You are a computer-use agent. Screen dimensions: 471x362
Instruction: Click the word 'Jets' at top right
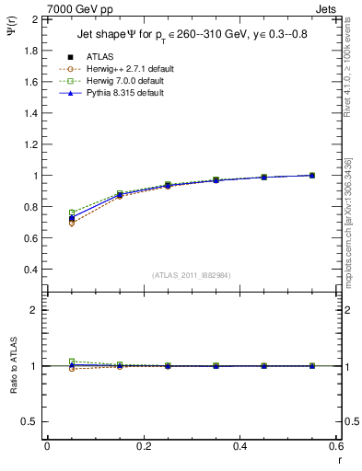pos(327,7)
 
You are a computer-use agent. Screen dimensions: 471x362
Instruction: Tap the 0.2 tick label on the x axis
pos(143,446)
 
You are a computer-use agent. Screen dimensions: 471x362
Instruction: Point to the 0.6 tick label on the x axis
pos(335,446)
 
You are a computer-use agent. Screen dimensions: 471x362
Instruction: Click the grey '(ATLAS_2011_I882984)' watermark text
pos(191,276)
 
